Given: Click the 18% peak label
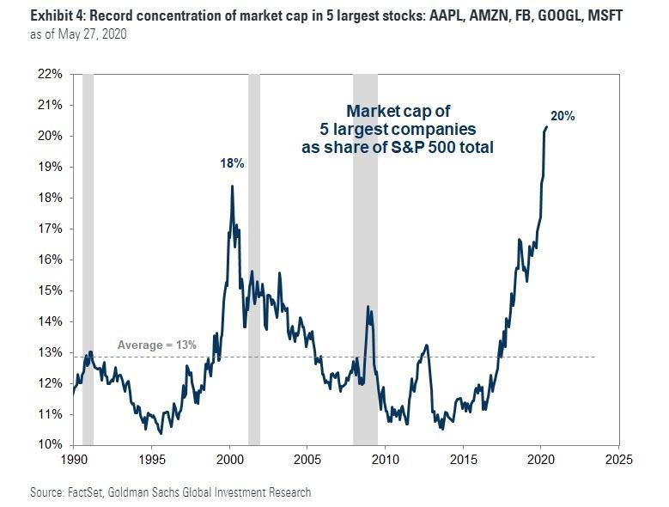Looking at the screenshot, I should (232, 163).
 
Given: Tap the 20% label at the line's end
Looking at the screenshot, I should (563, 116).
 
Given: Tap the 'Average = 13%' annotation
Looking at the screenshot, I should (157, 345).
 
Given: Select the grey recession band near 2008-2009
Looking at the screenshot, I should (365, 258).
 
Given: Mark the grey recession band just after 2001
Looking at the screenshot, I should (254, 258).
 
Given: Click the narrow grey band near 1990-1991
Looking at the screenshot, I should (88, 258).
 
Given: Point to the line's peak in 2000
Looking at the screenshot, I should (232, 186).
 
